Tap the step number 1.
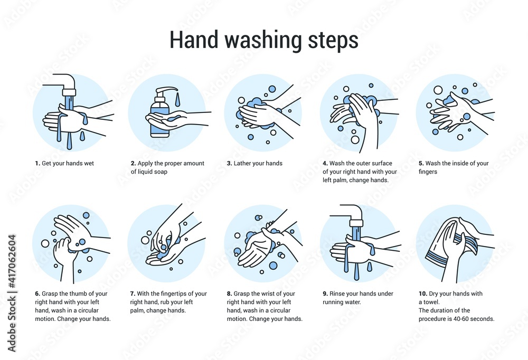click(37, 164)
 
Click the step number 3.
click(229, 164)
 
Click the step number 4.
click(325, 164)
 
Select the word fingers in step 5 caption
click(428, 172)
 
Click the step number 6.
click(37, 294)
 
